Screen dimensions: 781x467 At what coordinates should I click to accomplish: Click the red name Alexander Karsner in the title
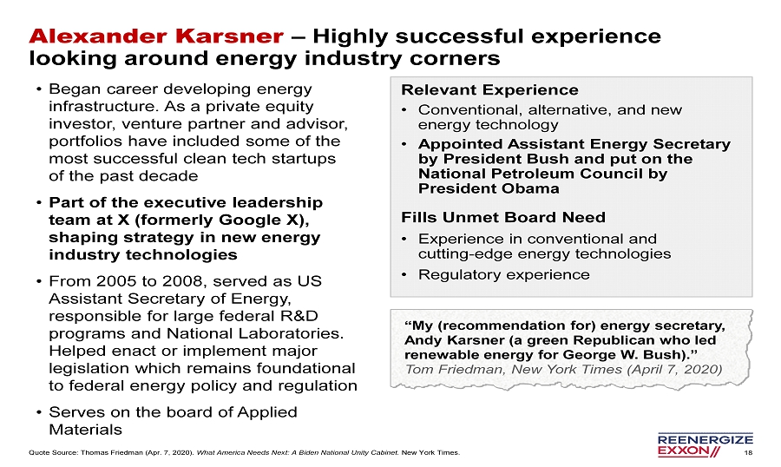tap(156, 36)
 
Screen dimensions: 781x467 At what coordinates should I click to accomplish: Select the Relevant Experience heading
tap(489, 89)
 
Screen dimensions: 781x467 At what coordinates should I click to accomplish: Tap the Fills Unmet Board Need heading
tap(503, 217)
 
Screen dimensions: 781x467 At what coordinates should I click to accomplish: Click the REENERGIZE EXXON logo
tap(706, 445)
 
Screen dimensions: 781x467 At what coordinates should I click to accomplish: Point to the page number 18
tap(748, 452)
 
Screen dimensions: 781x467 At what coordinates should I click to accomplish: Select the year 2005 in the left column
tap(117, 281)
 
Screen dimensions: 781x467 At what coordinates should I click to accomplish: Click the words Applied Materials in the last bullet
tap(173, 421)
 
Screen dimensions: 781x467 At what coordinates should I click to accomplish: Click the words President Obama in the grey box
tap(489, 188)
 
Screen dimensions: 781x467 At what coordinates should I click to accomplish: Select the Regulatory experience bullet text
tap(503, 274)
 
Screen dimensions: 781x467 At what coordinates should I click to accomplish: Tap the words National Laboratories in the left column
tap(254, 333)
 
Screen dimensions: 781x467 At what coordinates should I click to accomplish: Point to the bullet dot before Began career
tap(38, 89)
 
